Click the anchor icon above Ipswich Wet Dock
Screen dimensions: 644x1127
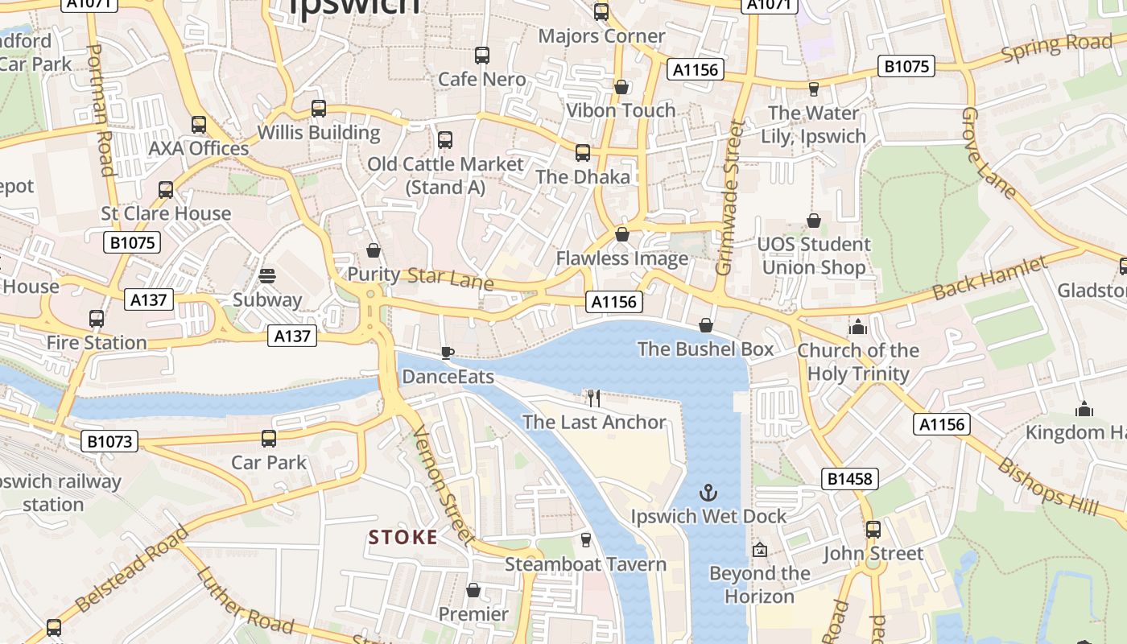(708, 492)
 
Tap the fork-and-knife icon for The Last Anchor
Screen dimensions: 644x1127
(594, 398)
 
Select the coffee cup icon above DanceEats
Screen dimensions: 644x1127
(448, 353)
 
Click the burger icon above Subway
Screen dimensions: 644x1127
(267, 276)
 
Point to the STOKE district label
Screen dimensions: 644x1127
(403, 537)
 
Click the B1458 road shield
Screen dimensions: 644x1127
(850, 479)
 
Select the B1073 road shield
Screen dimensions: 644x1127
(109, 441)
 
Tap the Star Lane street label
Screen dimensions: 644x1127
(450, 278)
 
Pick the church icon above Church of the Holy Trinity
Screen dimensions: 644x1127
(857, 327)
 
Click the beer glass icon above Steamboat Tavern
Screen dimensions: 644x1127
(586, 540)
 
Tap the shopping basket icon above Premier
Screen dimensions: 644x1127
(473, 590)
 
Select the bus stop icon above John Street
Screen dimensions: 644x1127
(873, 530)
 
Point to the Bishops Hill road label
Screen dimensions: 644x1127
(1048, 486)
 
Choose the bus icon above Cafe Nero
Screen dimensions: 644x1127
(482, 56)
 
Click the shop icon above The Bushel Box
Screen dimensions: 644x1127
(706, 325)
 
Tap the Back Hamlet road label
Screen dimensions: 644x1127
(991, 279)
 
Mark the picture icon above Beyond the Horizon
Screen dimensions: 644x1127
(759, 550)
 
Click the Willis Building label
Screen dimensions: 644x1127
(319, 132)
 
